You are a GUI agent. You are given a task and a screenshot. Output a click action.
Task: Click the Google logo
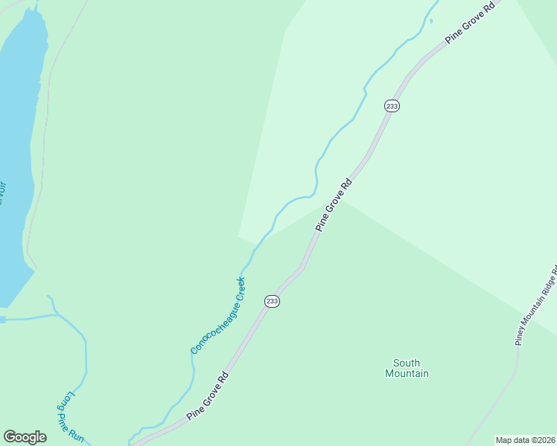pyautogui.click(x=25, y=437)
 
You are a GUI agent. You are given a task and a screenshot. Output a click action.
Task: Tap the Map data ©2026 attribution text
pyautogui.click(x=526, y=440)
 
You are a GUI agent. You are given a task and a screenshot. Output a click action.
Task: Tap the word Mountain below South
pyautogui.click(x=407, y=374)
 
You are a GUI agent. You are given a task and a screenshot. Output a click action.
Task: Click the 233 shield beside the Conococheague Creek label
pyautogui.click(x=272, y=301)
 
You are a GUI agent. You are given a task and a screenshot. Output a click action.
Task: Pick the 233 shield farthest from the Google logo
pyautogui.click(x=392, y=106)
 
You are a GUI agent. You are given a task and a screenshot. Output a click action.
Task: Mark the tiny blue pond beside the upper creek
pyautogui.click(x=431, y=20)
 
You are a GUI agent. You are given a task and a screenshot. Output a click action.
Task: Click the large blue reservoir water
pyautogui.click(x=15, y=149)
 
